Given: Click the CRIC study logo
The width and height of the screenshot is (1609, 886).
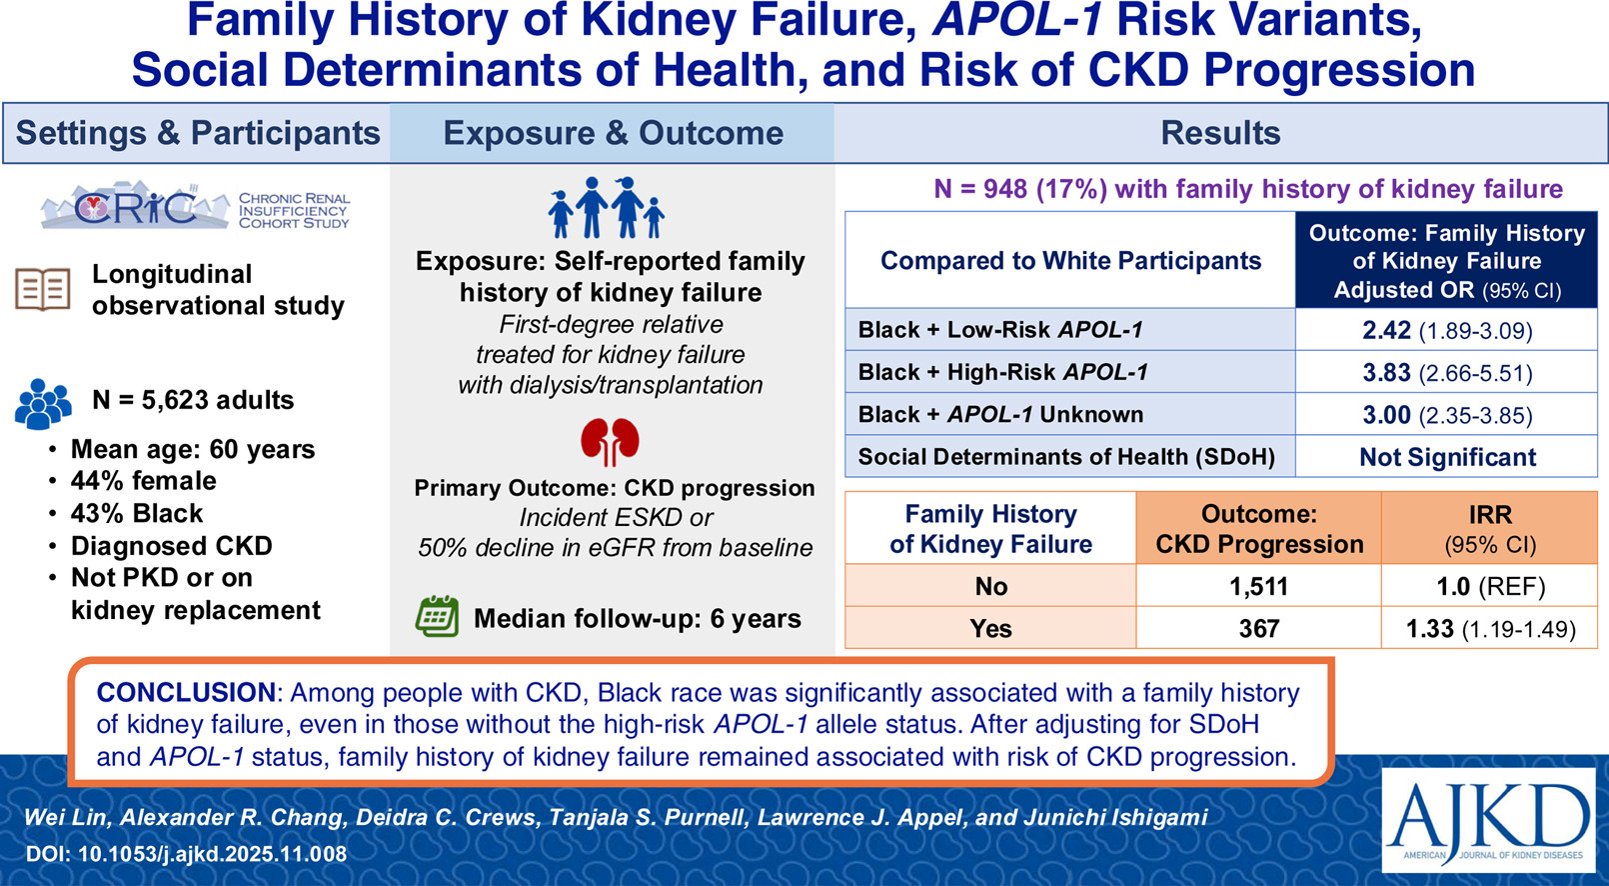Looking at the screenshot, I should pyautogui.click(x=195, y=207).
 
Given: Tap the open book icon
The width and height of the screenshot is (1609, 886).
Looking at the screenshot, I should pyautogui.click(x=42, y=290).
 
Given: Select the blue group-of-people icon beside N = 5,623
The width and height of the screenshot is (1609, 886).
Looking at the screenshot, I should pyautogui.click(x=43, y=403).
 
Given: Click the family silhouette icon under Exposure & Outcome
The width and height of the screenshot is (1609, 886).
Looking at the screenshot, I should pyautogui.click(x=607, y=208).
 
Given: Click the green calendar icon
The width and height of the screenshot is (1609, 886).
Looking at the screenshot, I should pyautogui.click(x=437, y=617).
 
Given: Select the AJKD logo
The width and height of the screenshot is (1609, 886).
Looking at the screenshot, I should pyautogui.click(x=1488, y=819).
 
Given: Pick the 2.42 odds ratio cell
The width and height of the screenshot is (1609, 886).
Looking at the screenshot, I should pyautogui.click(x=1446, y=330).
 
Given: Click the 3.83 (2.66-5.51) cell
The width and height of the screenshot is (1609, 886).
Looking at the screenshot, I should pyautogui.click(x=1446, y=373).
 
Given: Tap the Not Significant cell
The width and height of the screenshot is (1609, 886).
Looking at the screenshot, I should pyautogui.click(x=1446, y=457).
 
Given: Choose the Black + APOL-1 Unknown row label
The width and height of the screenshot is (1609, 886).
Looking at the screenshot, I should pyautogui.click(x=1000, y=415).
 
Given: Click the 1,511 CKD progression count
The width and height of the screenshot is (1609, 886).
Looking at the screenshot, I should pyautogui.click(x=1258, y=587).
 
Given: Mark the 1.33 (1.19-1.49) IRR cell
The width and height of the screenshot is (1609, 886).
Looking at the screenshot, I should pyautogui.click(x=1489, y=629).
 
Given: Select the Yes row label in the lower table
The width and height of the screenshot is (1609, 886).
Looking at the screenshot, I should pyautogui.click(x=990, y=629).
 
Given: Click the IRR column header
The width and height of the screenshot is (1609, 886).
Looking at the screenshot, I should pyautogui.click(x=1489, y=528).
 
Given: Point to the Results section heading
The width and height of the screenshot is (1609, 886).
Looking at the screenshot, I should pyautogui.click(x=1220, y=133).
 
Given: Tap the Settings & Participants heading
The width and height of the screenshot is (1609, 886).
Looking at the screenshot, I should pyautogui.click(x=198, y=133).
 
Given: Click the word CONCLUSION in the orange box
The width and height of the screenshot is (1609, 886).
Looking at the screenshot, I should pyautogui.click(x=186, y=693).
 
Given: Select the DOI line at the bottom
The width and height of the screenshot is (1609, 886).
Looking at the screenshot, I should pyautogui.click(x=186, y=855).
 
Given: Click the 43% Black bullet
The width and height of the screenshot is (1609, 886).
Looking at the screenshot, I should pyautogui.click(x=137, y=514).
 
